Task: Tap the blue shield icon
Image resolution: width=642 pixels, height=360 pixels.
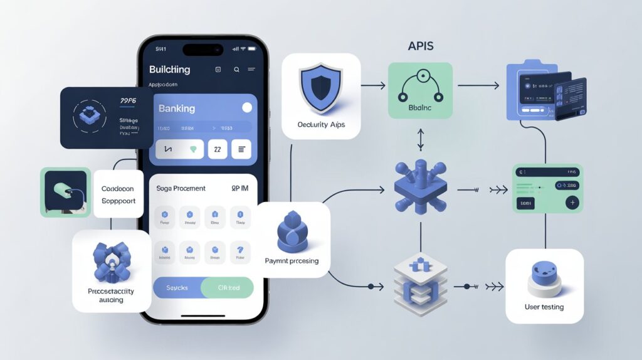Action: click(320, 88)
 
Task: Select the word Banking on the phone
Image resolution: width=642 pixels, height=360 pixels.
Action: click(177, 109)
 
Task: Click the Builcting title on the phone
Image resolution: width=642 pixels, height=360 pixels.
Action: click(169, 69)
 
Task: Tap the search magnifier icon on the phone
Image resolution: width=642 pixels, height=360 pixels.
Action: click(236, 70)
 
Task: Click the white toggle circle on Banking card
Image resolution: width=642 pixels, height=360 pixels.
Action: click(247, 108)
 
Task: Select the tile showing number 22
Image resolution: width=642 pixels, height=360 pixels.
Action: click(217, 149)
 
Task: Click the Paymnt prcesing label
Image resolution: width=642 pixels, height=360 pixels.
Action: click(292, 260)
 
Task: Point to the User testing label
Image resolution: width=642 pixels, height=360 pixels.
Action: click(544, 307)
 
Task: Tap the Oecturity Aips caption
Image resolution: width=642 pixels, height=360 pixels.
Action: click(321, 124)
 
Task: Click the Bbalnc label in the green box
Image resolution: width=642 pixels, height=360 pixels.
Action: click(419, 107)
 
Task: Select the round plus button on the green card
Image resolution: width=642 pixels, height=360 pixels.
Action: click(572, 203)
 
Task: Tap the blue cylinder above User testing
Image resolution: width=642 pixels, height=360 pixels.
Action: click(544, 276)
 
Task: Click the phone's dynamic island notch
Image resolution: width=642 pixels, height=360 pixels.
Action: click(203, 49)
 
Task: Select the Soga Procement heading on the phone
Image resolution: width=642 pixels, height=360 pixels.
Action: click(189, 188)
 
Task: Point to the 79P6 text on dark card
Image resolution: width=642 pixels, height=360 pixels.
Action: click(129, 100)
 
